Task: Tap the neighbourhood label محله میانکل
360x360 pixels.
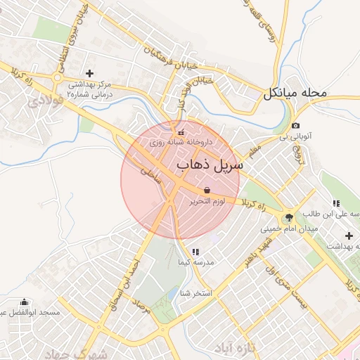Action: tap(296, 94)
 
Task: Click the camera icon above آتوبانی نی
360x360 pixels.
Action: tap(295, 126)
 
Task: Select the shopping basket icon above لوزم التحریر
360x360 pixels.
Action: tap(207, 191)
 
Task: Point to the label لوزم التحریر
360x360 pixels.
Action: tap(211, 202)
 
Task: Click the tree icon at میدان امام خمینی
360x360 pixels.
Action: tap(289, 217)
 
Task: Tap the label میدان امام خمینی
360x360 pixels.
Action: tap(289, 229)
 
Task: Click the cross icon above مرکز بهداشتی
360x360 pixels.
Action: tap(89, 73)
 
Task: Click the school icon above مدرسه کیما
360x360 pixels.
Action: tap(195, 251)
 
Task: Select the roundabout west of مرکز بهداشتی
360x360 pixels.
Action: tap(57, 77)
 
